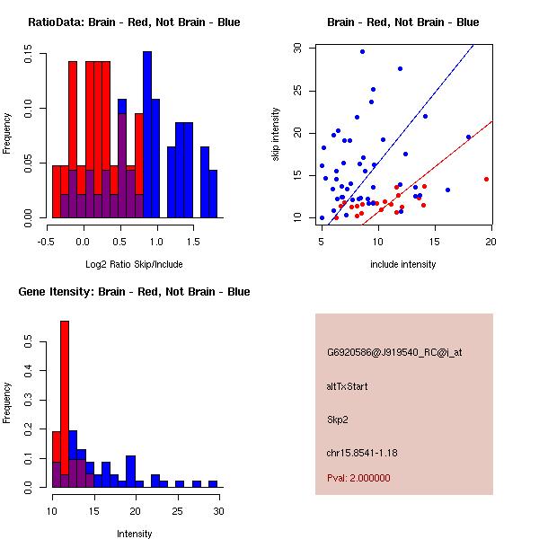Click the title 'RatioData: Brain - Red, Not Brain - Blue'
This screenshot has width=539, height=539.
(x=134, y=22)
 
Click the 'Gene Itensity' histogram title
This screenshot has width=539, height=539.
(x=134, y=292)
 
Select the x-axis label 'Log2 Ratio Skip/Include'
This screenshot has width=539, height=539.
(x=134, y=264)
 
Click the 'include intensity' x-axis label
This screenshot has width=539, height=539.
(x=402, y=264)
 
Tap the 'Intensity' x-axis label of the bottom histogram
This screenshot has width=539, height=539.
(x=134, y=534)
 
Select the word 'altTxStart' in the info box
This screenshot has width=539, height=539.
(x=347, y=386)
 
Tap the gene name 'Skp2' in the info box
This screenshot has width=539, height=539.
(x=337, y=419)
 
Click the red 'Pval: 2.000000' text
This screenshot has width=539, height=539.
(x=358, y=478)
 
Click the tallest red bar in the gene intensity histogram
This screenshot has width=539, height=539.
(x=65, y=404)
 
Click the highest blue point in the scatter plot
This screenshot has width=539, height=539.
(x=362, y=51)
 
